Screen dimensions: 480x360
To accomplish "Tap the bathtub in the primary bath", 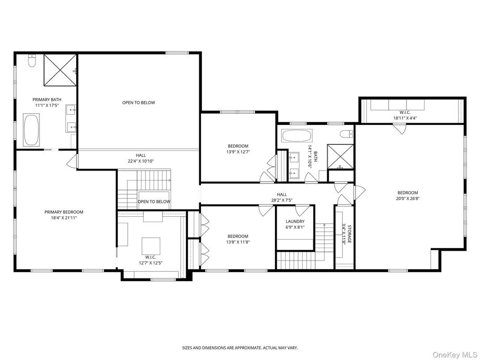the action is click(x=31, y=129).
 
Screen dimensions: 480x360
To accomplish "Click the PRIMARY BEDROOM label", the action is click(x=64, y=212).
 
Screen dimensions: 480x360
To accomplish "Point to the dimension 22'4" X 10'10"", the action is click(x=141, y=161).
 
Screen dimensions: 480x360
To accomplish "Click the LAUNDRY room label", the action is click(x=295, y=221).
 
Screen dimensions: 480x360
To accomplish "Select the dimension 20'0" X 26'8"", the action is click(x=407, y=198).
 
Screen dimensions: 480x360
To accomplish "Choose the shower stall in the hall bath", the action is click(x=340, y=156).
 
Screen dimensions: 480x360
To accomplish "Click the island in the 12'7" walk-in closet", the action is click(x=150, y=246).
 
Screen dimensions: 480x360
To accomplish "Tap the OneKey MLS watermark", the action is click(x=455, y=355).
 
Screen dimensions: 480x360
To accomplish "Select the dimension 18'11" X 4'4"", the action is click(x=405, y=118).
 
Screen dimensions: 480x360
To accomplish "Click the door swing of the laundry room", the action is click(x=302, y=210).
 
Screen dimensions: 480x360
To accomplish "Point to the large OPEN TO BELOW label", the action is click(x=139, y=103).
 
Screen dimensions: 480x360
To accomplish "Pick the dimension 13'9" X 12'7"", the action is click(x=238, y=151).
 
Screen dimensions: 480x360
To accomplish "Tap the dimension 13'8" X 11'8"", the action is click(x=238, y=242).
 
